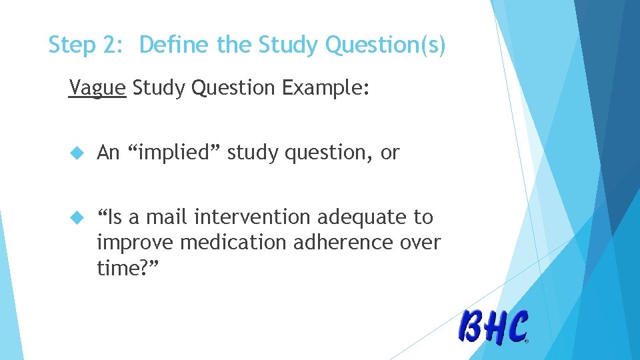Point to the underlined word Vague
click(x=97, y=87)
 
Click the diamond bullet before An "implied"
click(x=75, y=153)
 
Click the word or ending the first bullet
click(x=390, y=153)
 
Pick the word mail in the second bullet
click(x=163, y=217)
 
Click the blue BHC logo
click(x=493, y=327)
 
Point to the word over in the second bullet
click(x=421, y=242)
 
